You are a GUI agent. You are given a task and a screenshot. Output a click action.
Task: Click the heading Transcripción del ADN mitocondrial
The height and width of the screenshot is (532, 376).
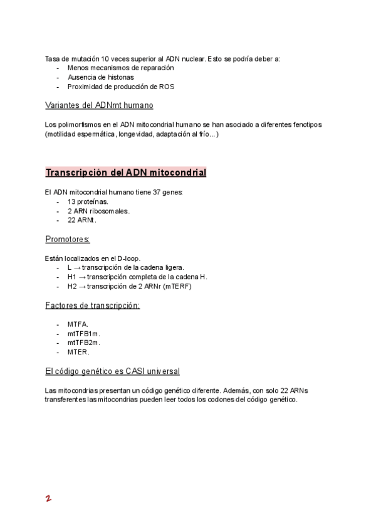126,173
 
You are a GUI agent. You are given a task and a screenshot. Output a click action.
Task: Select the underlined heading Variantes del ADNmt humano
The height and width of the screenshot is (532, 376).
99,105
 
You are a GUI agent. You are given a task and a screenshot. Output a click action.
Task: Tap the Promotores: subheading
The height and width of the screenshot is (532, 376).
68,239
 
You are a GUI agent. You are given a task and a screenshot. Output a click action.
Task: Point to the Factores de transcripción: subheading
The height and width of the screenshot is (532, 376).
93,306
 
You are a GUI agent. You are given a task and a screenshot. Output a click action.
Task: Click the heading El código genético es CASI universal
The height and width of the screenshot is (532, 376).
112,371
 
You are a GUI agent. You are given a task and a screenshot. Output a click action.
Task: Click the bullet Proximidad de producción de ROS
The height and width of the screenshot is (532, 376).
121,87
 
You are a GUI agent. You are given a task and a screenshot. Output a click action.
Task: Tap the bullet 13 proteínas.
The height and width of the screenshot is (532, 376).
88,201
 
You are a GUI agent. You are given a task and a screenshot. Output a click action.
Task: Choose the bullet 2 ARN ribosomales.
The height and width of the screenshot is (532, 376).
98,211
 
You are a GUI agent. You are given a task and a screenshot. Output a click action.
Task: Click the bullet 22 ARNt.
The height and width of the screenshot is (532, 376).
82,220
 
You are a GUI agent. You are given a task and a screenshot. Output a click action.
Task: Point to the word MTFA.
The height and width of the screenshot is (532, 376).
78,324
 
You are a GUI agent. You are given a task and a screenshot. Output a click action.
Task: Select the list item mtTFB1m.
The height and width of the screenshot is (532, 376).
84,333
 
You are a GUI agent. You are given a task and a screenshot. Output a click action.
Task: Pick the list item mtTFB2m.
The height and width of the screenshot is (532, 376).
84,343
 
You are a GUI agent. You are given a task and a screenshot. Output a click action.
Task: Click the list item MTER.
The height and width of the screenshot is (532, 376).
78,352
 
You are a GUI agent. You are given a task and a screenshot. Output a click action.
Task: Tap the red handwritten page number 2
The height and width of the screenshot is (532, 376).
48,499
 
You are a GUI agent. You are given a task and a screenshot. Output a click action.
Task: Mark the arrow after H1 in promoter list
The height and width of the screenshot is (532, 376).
81,277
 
